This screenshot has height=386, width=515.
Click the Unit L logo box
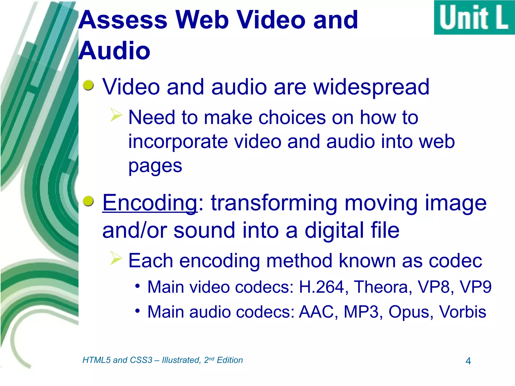(474, 17)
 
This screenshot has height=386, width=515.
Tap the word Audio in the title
(114, 51)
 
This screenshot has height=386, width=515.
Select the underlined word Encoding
(150, 203)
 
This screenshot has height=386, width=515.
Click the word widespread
(371, 87)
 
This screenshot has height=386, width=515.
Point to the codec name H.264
(321, 287)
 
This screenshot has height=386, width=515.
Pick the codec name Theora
(383, 287)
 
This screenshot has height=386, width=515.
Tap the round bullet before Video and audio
(88, 85)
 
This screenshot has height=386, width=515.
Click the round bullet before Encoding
(88, 201)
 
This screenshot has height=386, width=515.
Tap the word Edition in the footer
(230, 360)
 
